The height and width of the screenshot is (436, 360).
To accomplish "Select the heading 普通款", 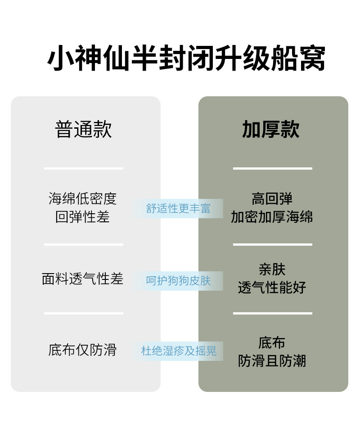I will click(x=83, y=130).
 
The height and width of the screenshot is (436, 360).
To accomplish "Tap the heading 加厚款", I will click(x=271, y=130).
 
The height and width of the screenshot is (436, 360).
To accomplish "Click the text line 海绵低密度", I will click(x=83, y=198).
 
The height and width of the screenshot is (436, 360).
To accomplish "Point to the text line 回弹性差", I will click(x=83, y=217).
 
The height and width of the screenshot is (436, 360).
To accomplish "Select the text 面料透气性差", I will click(x=83, y=279).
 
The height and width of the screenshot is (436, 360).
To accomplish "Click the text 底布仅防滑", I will click(x=83, y=350).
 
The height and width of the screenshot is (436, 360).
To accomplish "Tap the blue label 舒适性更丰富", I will click(x=179, y=209).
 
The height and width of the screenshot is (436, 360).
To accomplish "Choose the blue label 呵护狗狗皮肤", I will click(x=179, y=281).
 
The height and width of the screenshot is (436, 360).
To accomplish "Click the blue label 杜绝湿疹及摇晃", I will click(x=179, y=351).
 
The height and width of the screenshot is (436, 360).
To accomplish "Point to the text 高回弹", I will click(x=272, y=198).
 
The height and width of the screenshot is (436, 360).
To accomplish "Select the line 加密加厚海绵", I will click(x=272, y=217).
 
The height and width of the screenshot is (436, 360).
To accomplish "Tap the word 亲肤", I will click(x=272, y=270).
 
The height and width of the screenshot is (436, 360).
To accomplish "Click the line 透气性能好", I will click(x=272, y=288).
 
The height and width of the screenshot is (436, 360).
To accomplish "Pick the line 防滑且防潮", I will click(x=272, y=361).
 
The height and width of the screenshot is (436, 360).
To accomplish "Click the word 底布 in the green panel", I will click(x=272, y=342).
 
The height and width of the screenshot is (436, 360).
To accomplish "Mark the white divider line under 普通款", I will click(x=84, y=169).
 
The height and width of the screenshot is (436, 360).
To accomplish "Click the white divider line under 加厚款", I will click(x=273, y=169).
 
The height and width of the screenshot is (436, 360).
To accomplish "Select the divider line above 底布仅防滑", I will click(x=84, y=313).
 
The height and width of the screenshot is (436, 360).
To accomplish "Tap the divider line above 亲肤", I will click(x=273, y=245).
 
